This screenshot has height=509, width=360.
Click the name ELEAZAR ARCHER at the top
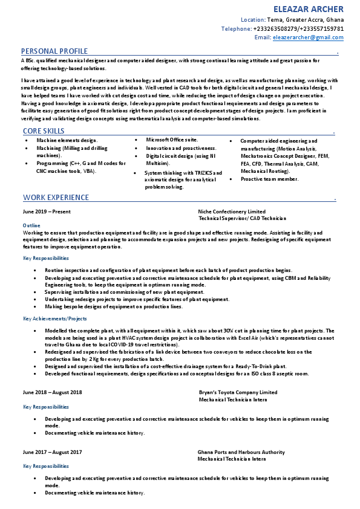309,9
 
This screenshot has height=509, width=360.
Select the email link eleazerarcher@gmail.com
308,37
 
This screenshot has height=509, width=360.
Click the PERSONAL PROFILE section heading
54,51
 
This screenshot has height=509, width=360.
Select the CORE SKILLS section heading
44,131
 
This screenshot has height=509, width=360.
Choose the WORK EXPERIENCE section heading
56,198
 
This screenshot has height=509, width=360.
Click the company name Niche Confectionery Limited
232,212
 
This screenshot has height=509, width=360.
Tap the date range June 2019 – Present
47,212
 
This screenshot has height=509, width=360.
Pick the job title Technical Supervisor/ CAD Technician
242,218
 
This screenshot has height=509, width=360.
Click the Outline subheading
31,225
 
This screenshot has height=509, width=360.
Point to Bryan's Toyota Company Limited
238,392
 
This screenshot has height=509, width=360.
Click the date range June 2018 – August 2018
52,392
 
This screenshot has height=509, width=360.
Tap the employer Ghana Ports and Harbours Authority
241,452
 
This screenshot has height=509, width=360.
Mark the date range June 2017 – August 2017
52,452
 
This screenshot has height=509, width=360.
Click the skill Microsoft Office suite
172,140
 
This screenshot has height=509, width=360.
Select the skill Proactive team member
269,179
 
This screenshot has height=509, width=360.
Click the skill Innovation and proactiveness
181,148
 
